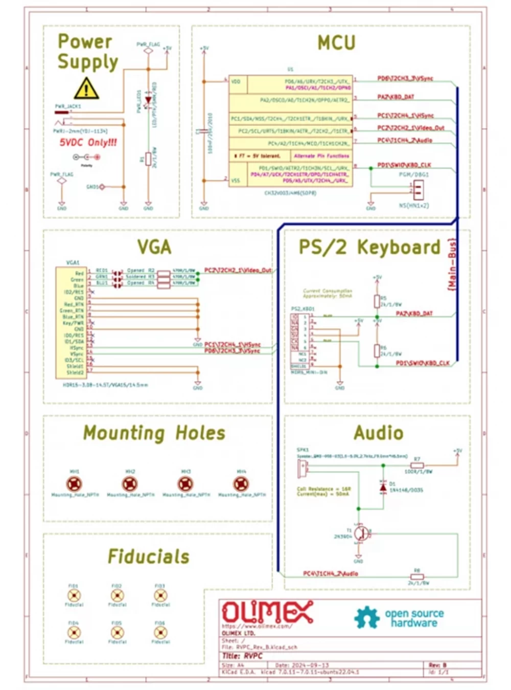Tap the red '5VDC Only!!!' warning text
click(x=88, y=142)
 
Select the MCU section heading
click(x=336, y=42)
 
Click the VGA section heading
click(x=154, y=247)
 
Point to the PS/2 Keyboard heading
click(x=369, y=247)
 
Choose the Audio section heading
click(x=378, y=433)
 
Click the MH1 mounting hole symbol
click(x=75, y=483)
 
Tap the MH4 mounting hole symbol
click(x=241, y=483)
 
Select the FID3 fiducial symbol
click(x=160, y=595)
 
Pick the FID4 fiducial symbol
click(x=74, y=633)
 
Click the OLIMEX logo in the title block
click(x=267, y=612)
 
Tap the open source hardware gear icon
click(x=367, y=617)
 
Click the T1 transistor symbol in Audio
click(x=361, y=533)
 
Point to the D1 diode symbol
click(x=383, y=487)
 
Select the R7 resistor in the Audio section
click(x=417, y=465)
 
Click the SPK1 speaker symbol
click(x=303, y=466)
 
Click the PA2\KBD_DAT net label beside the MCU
click(x=396, y=97)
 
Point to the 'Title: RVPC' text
click(x=243, y=656)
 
